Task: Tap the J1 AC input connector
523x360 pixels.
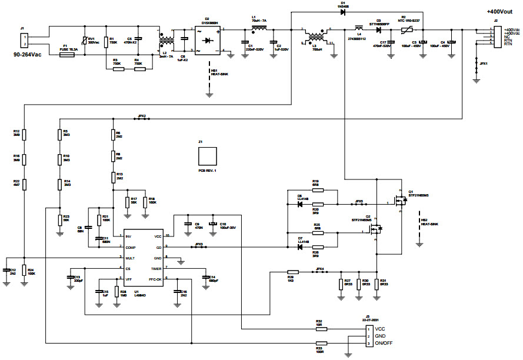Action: pos(24,41)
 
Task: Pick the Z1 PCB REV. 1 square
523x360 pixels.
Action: pos(208,156)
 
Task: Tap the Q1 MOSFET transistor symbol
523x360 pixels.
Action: pos(401,201)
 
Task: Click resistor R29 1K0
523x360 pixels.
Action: pos(292,272)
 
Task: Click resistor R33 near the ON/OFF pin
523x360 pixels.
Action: pos(321,343)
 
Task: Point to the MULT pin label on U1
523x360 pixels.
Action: pos(131,258)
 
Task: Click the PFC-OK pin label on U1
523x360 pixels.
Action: pos(155,279)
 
